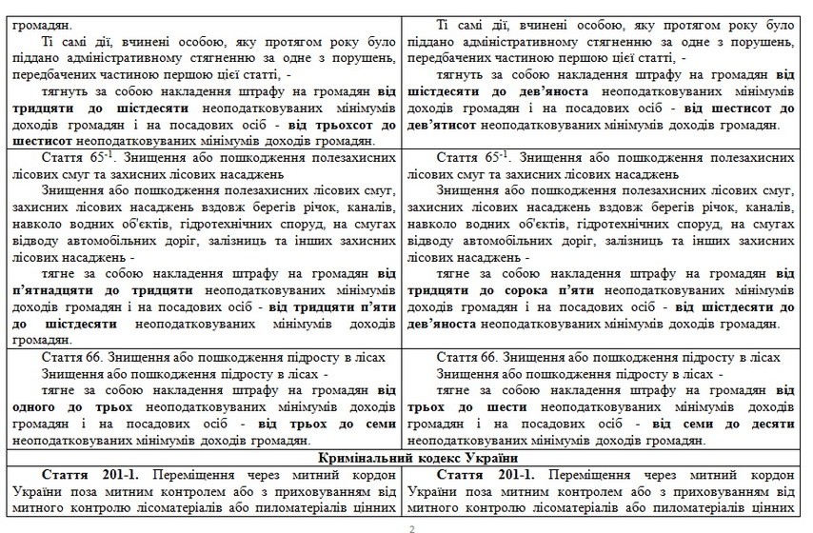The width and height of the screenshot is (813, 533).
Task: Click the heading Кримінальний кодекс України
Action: [406, 458]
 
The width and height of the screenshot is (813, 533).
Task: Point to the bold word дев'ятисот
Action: [450, 125]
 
